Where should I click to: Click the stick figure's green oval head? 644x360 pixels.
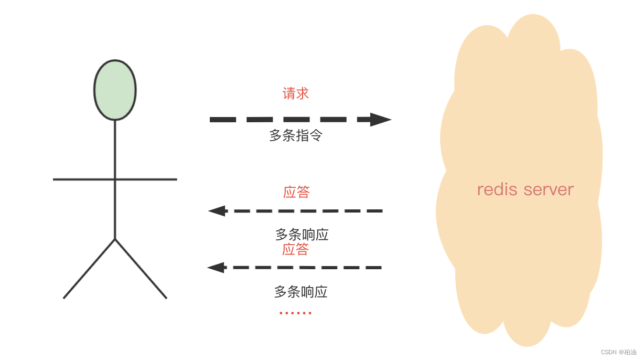115,90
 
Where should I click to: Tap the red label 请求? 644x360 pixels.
296,94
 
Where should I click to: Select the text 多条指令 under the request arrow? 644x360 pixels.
296,135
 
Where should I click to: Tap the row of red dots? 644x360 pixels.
295,313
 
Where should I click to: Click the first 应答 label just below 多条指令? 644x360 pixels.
296,192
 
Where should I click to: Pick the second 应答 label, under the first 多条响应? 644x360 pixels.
295,249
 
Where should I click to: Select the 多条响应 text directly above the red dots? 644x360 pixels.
301,292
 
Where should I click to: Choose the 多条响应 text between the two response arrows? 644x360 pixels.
302,235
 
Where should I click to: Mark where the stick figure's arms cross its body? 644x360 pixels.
115,179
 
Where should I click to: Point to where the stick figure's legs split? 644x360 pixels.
115,239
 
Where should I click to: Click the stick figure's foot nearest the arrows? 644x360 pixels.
166,298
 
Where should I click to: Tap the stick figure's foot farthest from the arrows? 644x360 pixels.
64,298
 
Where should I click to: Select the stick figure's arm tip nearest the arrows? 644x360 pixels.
176,179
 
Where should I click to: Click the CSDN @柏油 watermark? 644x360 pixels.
618,352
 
